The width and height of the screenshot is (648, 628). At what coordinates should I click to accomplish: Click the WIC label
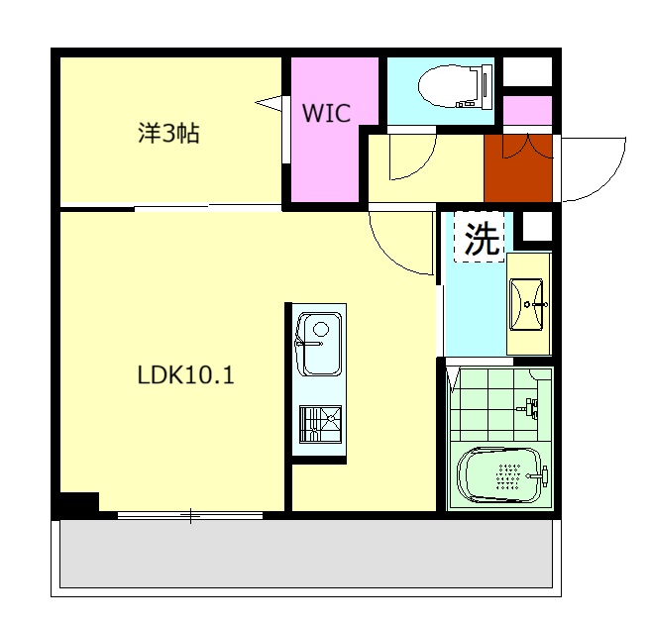[x=327, y=114]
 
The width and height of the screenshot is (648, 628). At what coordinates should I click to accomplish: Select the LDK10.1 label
[x=185, y=376]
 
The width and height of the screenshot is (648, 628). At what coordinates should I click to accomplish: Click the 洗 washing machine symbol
[x=482, y=239]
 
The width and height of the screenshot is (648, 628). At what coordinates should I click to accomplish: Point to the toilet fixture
[x=456, y=87]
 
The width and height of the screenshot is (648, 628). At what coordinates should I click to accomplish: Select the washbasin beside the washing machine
[x=528, y=301]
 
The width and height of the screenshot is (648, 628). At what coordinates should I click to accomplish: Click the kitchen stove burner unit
[x=319, y=424]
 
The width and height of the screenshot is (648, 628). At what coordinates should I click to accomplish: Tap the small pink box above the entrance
[x=527, y=110]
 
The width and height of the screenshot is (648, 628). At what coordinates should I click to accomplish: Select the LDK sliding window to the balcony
[x=189, y=515]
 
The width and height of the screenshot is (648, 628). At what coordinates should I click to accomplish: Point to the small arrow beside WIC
[x=270, y=101]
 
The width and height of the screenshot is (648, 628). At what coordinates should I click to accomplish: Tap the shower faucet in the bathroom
[x=532, y=406]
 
